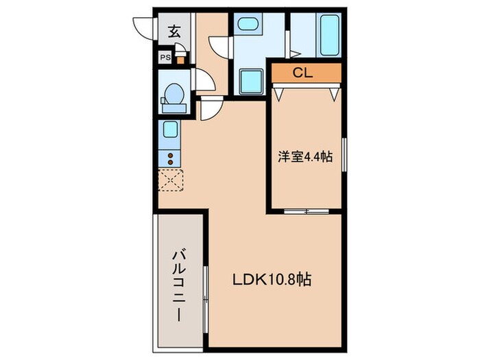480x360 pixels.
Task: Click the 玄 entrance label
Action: click(x=174, y=32)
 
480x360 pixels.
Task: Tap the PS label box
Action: click(x=165, y=58)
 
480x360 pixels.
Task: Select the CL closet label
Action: click(x=302, y=73)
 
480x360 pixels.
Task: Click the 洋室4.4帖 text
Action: click(x=306, y=157)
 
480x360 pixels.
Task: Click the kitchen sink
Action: click(x=170, y=130)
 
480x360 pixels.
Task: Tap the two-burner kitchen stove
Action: click(x=170, y=159)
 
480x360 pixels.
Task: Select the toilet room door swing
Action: click(x=206, y=81)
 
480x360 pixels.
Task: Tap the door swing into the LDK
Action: click(x=211, y=108)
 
